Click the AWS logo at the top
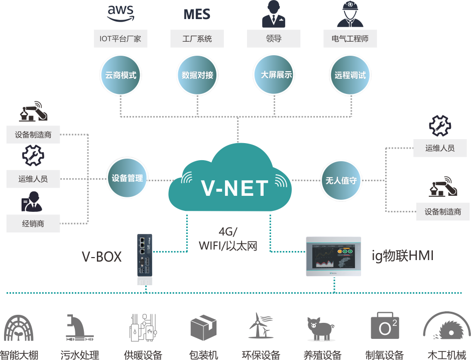tap(121, 14)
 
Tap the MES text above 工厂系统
tap(197, 14)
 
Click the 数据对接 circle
tap(197, 75)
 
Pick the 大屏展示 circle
tap(274, 75)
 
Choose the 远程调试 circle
tap(350, 75)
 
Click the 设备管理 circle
tap(128, 178)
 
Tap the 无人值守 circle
tap(341, 180)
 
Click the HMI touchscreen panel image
tap(334, 257)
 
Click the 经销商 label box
tap(33, 223)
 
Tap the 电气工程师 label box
tap(350, 39)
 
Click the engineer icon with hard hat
tap(350, 14)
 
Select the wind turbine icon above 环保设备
tap(261, 326)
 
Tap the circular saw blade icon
tap(446, 329)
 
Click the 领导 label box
tap(274, 39)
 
